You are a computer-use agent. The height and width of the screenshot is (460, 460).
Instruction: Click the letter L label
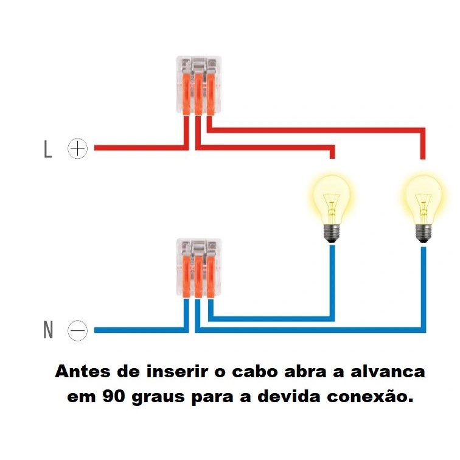click(x=48, y=149)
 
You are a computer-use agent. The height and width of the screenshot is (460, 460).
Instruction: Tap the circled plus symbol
click(x=77, y=148)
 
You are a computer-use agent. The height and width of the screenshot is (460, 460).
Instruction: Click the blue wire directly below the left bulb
click(x=332, y=274)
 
